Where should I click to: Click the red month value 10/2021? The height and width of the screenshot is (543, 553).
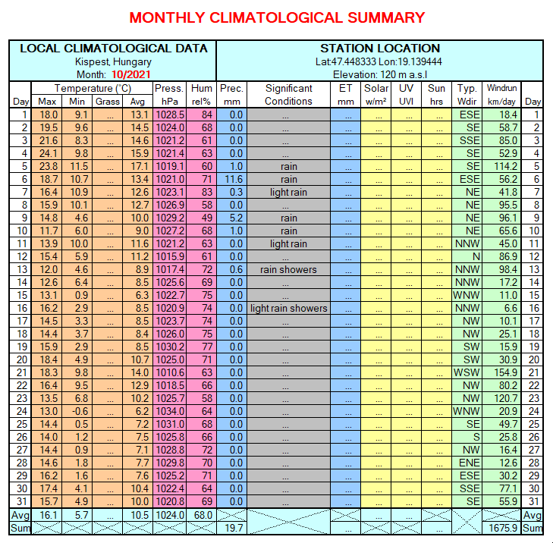click(130, 75)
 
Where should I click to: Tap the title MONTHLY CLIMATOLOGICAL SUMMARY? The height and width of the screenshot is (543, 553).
click(277, 17)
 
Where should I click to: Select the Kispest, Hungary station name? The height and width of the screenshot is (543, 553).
click(113, 61)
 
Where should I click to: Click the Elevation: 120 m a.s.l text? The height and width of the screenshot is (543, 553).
click(380, 75)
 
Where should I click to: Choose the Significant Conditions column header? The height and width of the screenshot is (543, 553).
click(288, 95)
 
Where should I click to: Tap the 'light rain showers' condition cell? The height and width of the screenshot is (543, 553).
click(288, 308)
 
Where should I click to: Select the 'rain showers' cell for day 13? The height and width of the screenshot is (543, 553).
click(288, 269)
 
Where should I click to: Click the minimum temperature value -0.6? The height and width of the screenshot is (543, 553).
click(80, 411)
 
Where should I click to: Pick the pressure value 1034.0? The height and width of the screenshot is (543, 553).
click(170, 411)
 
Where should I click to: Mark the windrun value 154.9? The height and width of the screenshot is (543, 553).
click(505, 372)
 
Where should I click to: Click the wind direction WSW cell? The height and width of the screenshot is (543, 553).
click(467, 372)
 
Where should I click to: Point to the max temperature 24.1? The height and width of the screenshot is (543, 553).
click(49, 153)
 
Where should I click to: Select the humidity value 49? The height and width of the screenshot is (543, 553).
click(206, 218)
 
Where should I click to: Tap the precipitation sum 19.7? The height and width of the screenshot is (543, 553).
click(234, 528)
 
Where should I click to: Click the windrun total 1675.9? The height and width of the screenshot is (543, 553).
click(503, 528)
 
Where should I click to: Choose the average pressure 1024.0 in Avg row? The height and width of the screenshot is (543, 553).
click(170, 515)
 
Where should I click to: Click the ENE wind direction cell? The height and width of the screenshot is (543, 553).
click(469, 463)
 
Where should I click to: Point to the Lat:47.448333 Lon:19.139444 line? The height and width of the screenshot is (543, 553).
click(379, 61)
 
